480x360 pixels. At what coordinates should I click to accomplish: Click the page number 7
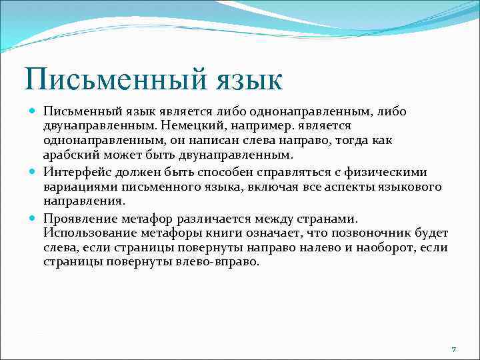[453, 349]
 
